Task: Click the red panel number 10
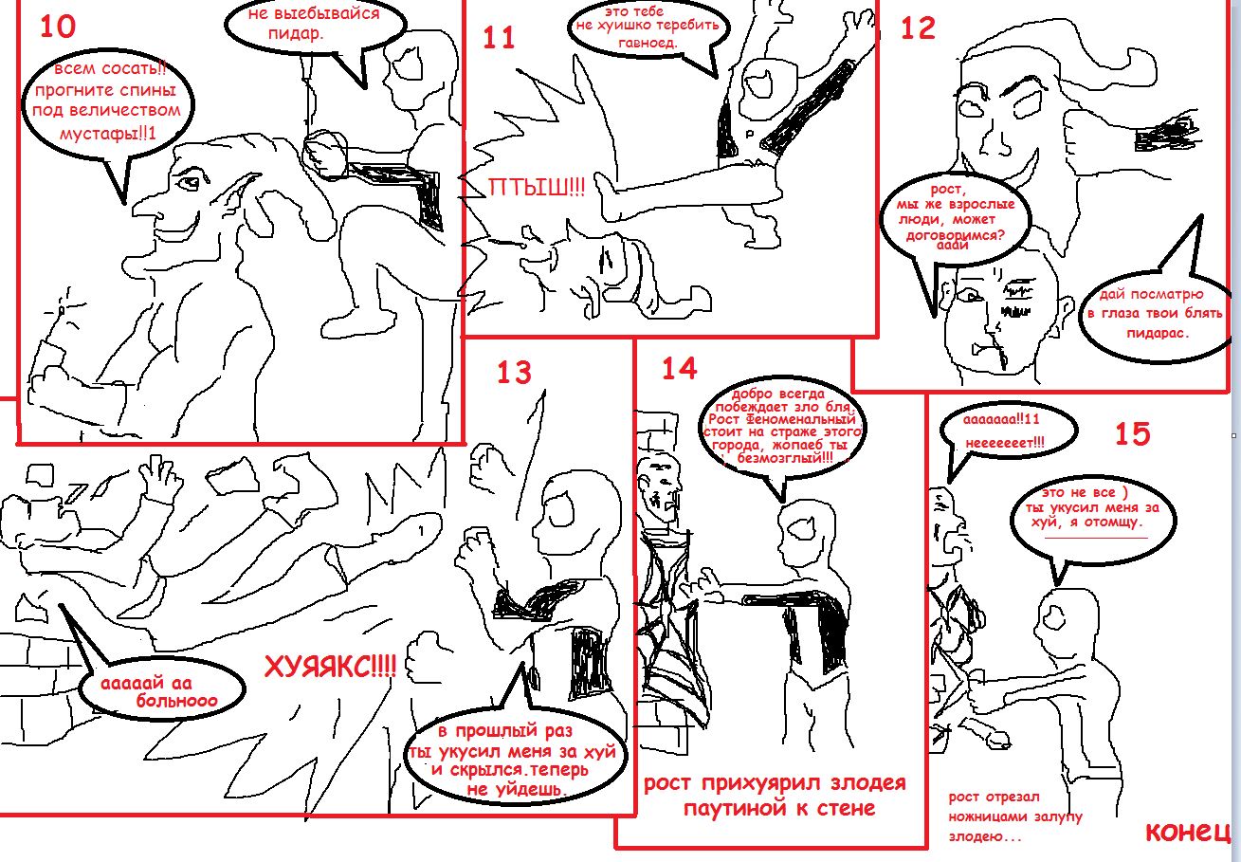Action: click(x=58, y=26)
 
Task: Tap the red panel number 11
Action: click(x=499, y=38)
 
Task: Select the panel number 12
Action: click(x=918, y=28)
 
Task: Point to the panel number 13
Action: click(x=514, y=373)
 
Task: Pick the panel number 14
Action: click(x=679, y=368)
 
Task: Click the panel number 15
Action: click(x=1132, y=433)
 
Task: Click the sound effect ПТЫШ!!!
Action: click(x=537, y=189)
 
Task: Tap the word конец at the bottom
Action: click(x=1187, y=832)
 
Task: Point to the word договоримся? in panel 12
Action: click(x=955, y=235)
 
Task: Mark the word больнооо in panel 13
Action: click(x=176, y=701)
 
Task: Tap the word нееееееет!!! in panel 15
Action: click(x=1004, y=443)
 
